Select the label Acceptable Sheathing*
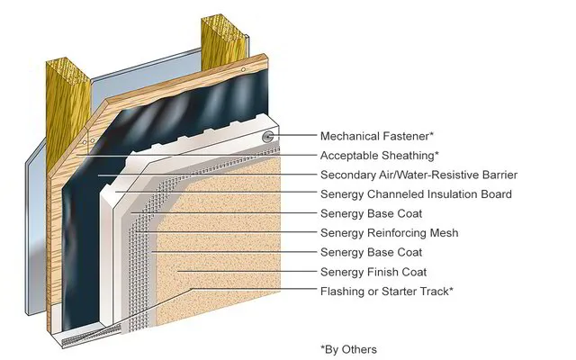pyautogui.click(x=379, y=156)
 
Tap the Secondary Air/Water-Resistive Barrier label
pyautogui.click(x=418, y=175)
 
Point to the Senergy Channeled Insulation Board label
pyautogui.click(x=416, y=194)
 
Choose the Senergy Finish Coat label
pyautogui.click(x=373, y=272)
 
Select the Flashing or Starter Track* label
pyautogui.click(x=386, y=292)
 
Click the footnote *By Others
pyautogui.click(x=348, y=349)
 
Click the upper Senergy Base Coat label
pyautogui.click(x=371, y=214)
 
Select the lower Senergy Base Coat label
pyautogui.click(x=371, y=253)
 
